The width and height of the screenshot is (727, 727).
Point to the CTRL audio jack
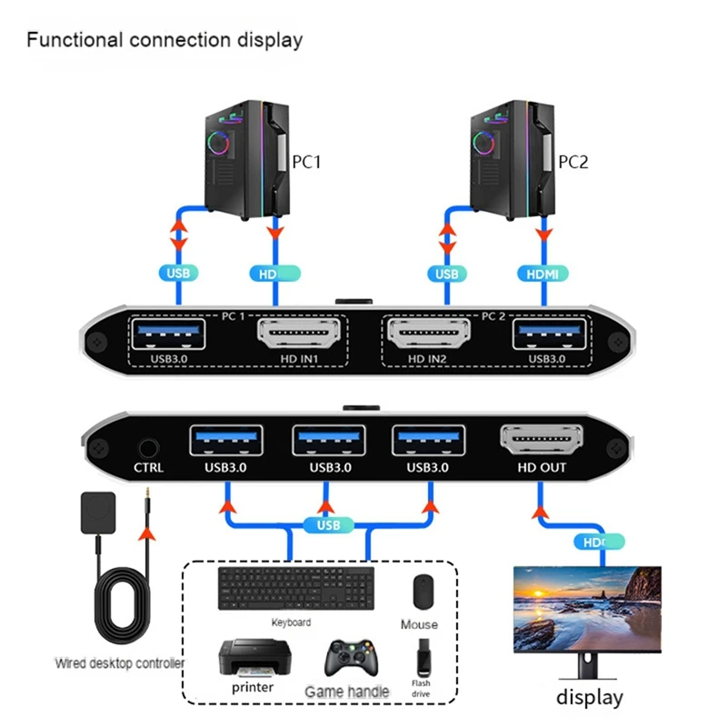pos(147,447)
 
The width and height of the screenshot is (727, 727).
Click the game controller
pos(348,659)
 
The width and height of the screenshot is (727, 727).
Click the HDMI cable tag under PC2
pos(543,273)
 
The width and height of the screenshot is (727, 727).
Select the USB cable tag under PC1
pos(178,273)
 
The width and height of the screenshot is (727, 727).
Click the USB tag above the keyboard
pos(328,525)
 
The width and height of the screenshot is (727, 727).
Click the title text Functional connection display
pos(164,40)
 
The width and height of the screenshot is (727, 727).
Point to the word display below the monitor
pos(589,698)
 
